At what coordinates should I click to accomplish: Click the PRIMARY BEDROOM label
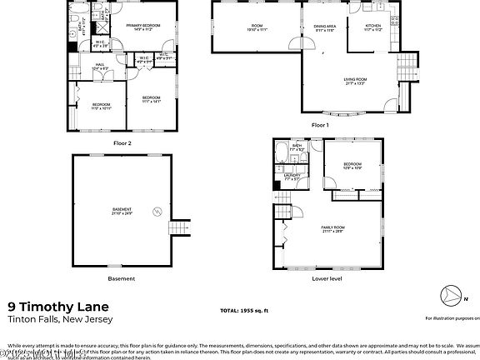(142, 26)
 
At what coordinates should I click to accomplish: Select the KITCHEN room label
(372, 26)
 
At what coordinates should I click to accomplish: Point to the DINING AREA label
(325, 26)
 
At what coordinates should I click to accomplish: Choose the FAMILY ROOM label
(333, 227)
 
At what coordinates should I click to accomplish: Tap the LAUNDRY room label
(292, 176)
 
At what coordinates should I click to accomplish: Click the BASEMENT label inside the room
(122, 209)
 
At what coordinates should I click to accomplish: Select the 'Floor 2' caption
(122, 142)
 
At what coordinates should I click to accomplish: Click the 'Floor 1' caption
(320, 124)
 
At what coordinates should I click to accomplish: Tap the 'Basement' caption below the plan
(121, 277)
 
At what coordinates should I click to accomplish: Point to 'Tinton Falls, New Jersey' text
(59, 319)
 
